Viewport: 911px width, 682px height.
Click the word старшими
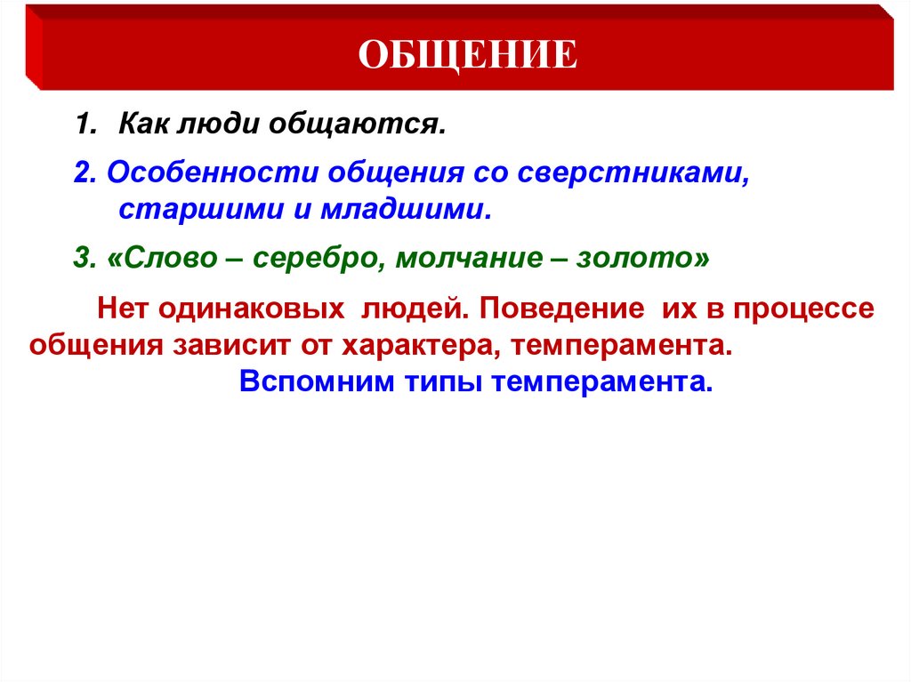click(189, 212)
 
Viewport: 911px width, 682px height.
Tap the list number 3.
click(81, 259)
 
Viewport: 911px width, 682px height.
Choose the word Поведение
click(562, 309)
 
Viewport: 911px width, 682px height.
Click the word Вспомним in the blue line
click(310, 383)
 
